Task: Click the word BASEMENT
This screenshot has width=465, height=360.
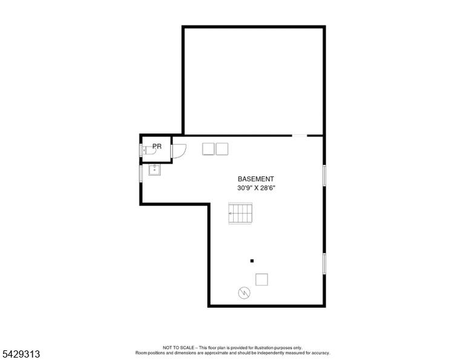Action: coord(256,179)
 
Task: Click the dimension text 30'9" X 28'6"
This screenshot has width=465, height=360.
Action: coord(256,188)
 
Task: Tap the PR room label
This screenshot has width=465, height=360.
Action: coord(157,146)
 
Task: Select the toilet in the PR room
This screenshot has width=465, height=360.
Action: coord(149,150)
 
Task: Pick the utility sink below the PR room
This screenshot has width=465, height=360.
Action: coord(154,170)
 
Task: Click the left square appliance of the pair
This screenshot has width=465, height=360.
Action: coord(208,149)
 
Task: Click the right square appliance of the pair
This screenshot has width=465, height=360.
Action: coord(222,149)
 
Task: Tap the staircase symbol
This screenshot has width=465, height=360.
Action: coord(240,213)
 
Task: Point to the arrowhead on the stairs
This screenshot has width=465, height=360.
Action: coord(230,213)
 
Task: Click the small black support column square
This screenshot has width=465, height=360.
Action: coord(252,261)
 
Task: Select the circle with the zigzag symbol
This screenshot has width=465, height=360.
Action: coord(244,293)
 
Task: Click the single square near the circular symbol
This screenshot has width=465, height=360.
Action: coord(262,279)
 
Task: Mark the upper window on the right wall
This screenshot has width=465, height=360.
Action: coord(325,175)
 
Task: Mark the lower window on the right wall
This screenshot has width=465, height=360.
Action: coord(325,264)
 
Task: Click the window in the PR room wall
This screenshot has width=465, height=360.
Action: coord(141,150)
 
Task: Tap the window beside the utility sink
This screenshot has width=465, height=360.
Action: coord(141,173)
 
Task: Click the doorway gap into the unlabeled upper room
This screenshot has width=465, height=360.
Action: coord(300,136)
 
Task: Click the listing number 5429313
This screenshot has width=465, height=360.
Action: coord(21,354)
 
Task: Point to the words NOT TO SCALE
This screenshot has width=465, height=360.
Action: coord(179,347)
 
